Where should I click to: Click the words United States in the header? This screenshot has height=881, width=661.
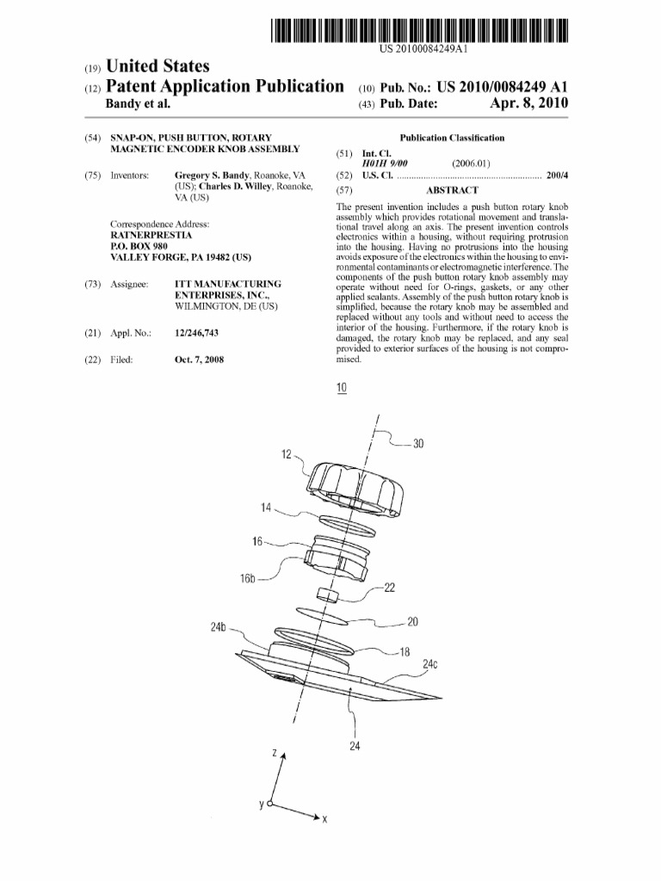coord(157,66)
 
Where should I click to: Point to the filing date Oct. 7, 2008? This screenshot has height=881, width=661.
coord(198,360)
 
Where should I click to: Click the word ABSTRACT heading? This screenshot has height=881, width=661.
coord(452,190)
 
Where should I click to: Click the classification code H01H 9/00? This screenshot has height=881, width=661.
coord(385,163)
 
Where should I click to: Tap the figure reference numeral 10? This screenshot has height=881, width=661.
coord(342,388)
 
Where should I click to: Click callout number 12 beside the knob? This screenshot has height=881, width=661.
coord(286,453)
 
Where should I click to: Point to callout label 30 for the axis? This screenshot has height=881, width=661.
coord(419,444)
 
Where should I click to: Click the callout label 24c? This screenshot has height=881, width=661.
coord(430,664)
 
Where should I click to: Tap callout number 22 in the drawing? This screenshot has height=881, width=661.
coord(389,588)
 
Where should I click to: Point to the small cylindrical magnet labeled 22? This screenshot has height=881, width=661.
coord(326,595)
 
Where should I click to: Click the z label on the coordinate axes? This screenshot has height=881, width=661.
coord(275,754)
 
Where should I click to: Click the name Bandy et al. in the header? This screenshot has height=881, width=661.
coord(138,104)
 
